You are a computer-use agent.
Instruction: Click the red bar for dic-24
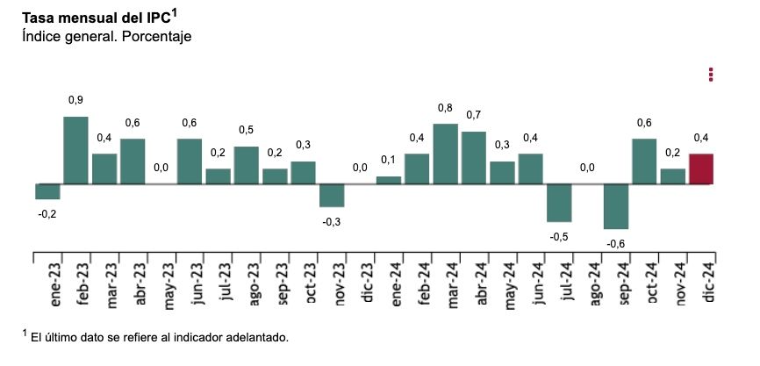700,169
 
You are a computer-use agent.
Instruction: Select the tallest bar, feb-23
75,150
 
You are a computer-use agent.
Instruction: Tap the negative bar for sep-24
615,206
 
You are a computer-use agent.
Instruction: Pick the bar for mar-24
445,154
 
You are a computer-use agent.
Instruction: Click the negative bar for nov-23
332,195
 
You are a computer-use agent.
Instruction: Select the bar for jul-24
559,203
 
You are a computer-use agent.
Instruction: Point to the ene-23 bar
47,191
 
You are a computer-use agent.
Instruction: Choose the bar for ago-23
246,165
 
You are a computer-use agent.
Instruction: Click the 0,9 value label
75,100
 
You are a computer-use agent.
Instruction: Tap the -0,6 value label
615,244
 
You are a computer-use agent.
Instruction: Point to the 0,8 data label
445,108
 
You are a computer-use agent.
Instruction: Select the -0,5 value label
559,237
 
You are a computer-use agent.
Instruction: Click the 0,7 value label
474,115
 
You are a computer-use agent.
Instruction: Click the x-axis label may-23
161,284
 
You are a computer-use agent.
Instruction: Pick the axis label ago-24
588,284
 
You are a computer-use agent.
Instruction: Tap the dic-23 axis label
361,284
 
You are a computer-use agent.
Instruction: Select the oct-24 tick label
645,284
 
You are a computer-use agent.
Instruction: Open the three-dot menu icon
712,75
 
